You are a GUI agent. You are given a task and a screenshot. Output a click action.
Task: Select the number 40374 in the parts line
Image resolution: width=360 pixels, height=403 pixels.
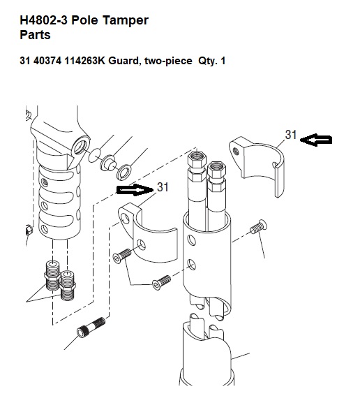click(x=47, y=61)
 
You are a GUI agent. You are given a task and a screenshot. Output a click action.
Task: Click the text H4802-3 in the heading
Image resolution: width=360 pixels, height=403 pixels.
click(x=44, y=20)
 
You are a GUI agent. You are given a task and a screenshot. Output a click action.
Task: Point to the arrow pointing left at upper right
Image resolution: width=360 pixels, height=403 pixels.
click(x=316, y=140)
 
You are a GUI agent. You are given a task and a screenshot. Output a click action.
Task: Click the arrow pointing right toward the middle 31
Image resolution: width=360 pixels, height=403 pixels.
click(x=135, y=190)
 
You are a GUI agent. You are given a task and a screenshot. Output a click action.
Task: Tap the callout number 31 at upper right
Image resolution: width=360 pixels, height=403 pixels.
click(x=291, y=135)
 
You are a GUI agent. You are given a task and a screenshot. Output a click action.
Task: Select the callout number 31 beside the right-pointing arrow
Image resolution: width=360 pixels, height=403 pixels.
click(x=163, y=187)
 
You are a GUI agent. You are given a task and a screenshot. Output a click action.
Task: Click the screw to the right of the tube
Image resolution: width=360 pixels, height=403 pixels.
click(x=258, y=227)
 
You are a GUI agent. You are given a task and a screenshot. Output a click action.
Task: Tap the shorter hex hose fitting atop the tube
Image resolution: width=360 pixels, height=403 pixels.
click(x=217, y=176)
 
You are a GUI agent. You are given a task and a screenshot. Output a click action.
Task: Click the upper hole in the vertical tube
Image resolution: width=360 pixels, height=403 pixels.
click(x=192, y=240)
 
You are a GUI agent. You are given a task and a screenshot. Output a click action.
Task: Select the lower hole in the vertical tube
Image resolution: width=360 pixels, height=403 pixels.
click(x=192, y=265)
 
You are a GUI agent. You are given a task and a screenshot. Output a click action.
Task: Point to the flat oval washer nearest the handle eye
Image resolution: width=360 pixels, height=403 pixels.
click(x=94, y=155)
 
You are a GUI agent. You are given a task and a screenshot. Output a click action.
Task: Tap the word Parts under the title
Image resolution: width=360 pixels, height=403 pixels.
click(x=35, y=35)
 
